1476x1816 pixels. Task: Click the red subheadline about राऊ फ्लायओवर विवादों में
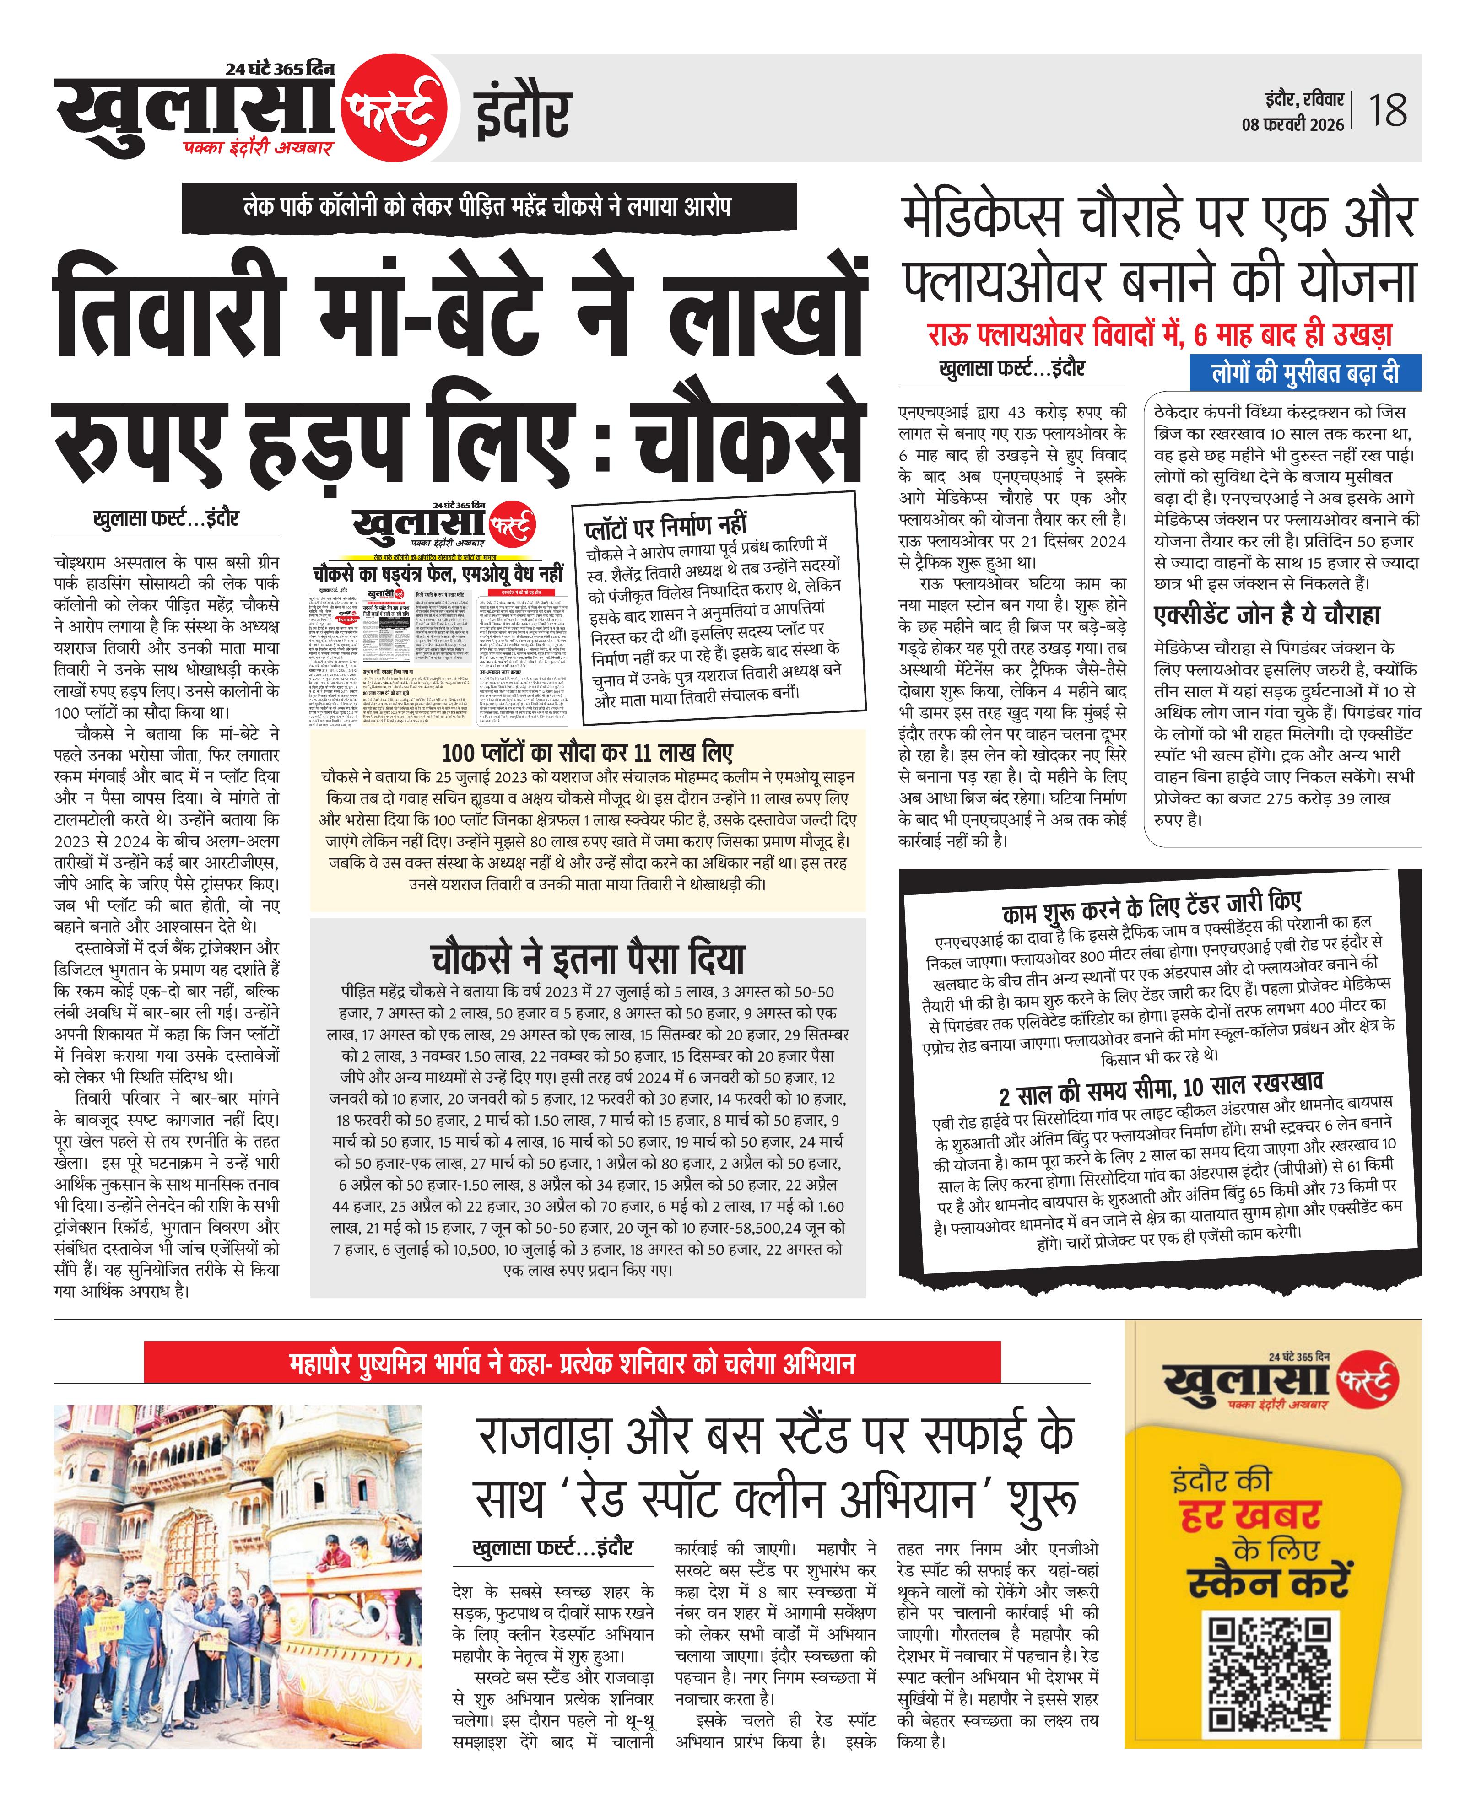(x=1160, y=335)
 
